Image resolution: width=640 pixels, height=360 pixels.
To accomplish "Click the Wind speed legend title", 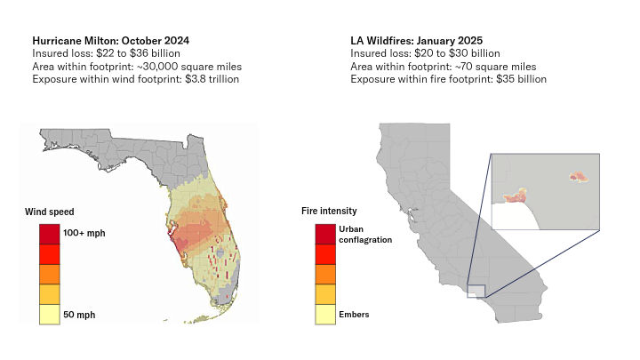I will pyautogui.click(x=50, y=212).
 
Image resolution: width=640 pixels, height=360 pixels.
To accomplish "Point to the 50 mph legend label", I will pyautogui.click(x=79, y=315).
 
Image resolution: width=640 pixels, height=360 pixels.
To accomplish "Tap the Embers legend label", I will pyautogui.click(x=354, y=314).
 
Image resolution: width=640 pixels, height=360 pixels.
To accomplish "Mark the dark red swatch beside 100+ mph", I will pyautogui.click(x=49, y=234).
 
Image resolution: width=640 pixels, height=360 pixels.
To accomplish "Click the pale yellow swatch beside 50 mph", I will pyautogui.click(x=49, y=315).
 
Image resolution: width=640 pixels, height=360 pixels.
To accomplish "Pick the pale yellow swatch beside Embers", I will pyautogui.click(x=324, y=315).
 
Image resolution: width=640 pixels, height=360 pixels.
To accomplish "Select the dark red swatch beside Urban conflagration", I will pyautogui.click(x=324, y=234).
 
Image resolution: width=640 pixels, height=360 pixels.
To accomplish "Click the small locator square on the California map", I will pyautogui.click(x=476, y=292).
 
